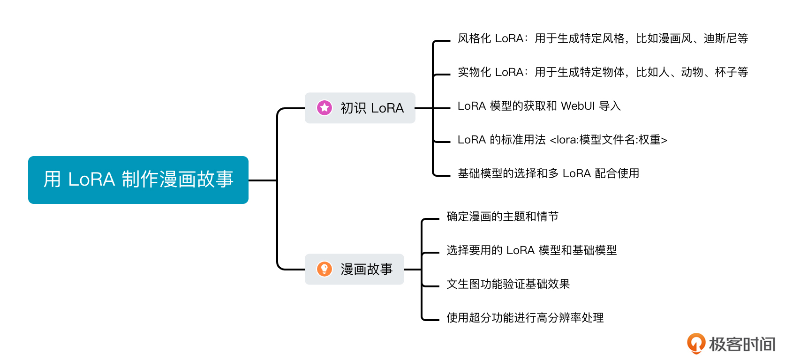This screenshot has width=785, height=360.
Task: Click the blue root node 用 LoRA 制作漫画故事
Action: pos(138,180)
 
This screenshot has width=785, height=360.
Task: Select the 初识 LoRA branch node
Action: pos(360,108)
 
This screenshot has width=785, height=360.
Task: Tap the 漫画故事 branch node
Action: pos(354,269)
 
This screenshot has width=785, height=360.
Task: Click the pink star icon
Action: pos(324,108)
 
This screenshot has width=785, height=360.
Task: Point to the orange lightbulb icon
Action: pos(324,269)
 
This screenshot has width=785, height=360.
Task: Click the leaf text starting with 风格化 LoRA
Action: pos(603,38)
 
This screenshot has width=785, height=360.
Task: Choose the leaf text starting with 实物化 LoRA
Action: pos(603,72)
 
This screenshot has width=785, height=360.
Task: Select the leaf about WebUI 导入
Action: pos(539,106)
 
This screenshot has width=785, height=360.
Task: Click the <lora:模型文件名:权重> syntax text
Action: pos(608,140)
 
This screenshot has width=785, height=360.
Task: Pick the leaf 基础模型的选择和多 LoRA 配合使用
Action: pos(548,173)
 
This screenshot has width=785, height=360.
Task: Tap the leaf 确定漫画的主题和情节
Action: pos(502,217)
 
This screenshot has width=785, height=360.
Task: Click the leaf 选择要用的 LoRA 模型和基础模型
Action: pos(531,250)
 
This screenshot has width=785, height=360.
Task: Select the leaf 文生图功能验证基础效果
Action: pos(508,284)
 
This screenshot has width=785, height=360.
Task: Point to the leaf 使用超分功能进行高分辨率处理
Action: pos(525,318)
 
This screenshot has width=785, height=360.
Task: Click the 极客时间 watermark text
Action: pos(742,344)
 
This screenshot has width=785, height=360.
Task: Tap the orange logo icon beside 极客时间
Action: pos(696,343)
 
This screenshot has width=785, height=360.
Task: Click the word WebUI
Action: pos(577,106)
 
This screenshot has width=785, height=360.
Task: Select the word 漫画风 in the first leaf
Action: pos(675,38)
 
